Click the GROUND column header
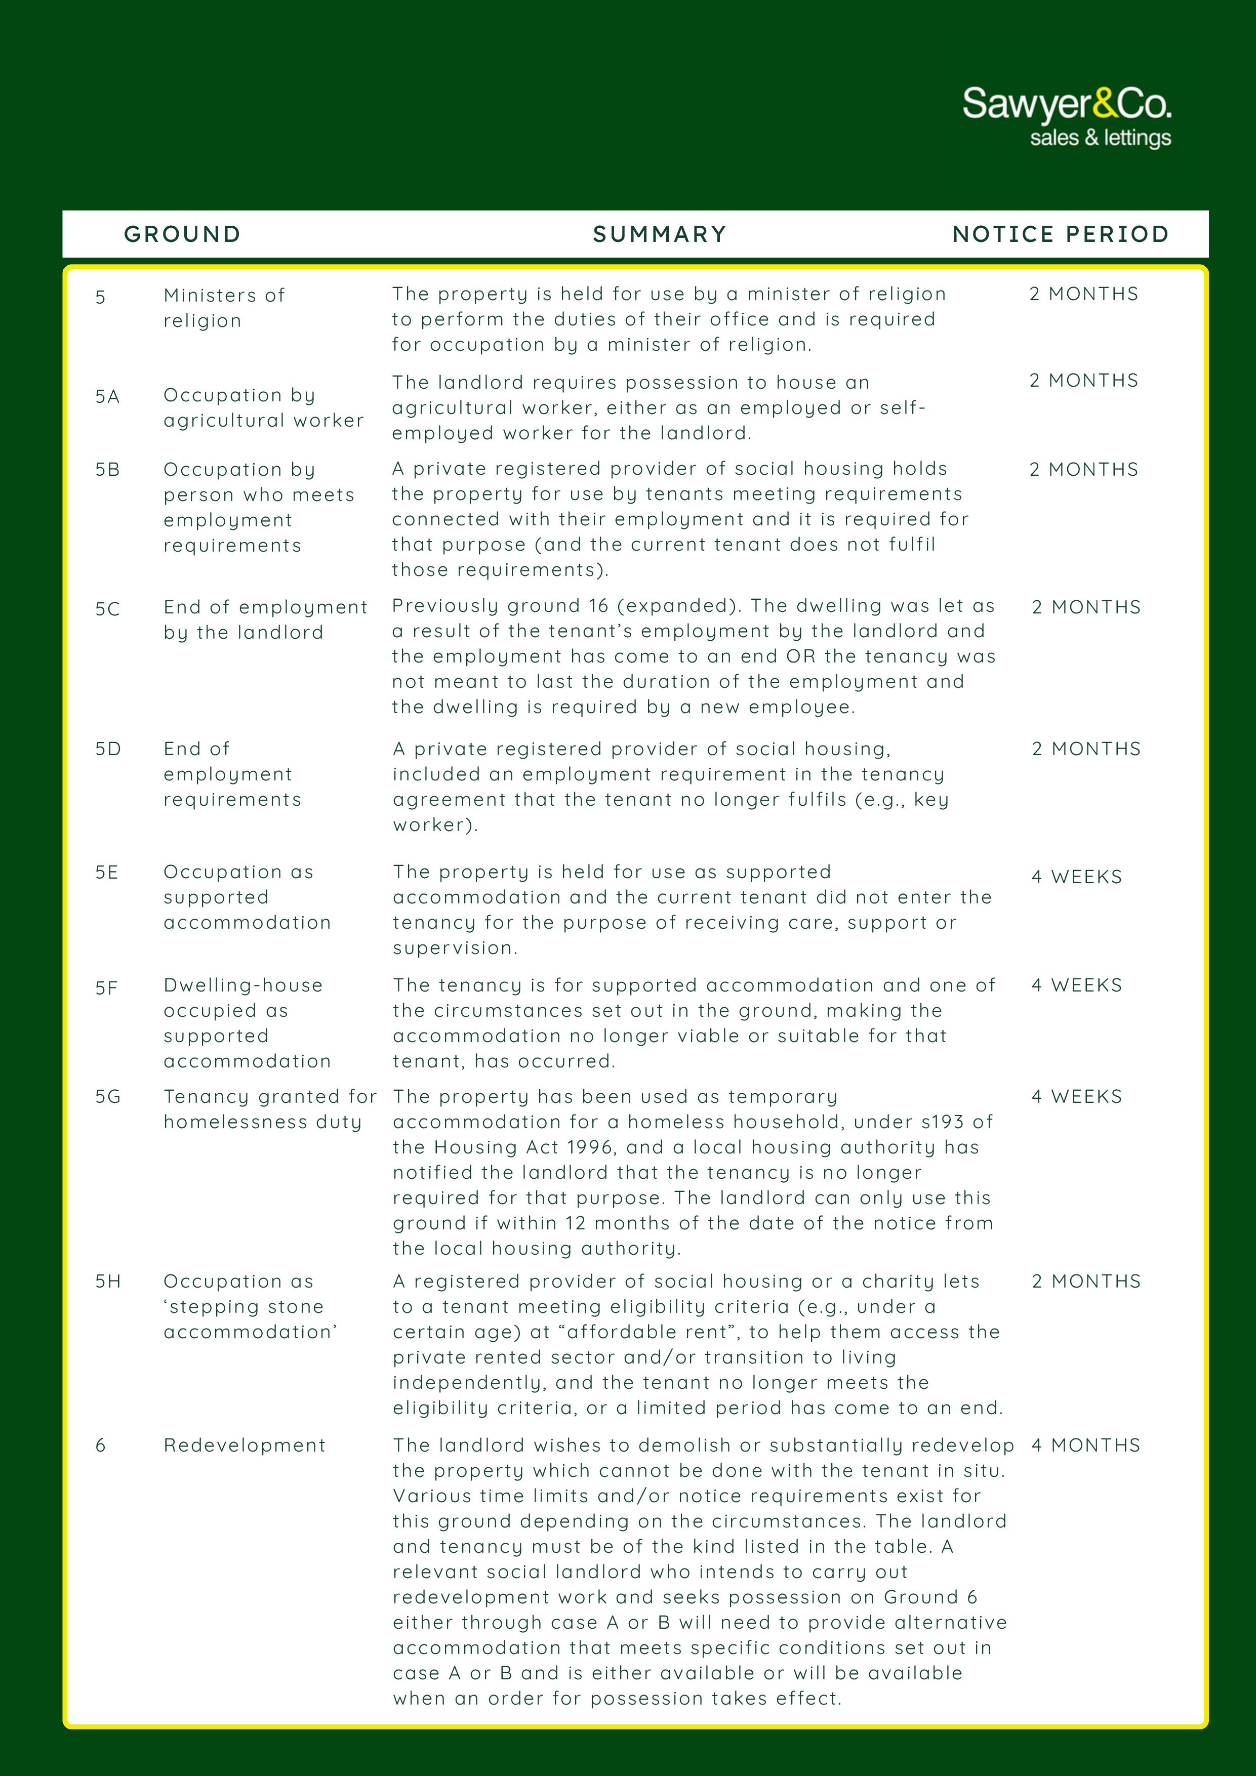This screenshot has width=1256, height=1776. [x=183, y=234]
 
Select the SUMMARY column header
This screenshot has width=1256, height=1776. [x=659, y=234]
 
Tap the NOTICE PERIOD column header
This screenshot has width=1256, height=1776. [x=1060, y=234]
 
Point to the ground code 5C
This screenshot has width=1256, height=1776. [x=107, y=609]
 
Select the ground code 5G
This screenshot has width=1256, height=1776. [x=107, y=1097]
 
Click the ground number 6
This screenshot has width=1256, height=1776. [x=101, y=1445]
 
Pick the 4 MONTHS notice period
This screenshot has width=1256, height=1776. [x=1086, y=1445]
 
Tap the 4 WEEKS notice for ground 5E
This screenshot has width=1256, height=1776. [x=1076, y=877]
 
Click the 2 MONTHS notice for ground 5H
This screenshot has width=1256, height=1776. [x=1086, y=1282]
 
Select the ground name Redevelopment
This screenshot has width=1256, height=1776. [x=245, y=1445]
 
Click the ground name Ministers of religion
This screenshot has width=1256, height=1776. [x=224, y=308]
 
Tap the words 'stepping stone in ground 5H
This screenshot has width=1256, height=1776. [x=244, y=1307]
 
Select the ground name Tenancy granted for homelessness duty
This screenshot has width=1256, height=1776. [x=269, y=1109]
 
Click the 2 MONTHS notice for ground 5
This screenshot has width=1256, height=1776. [x=1083, y=295]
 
